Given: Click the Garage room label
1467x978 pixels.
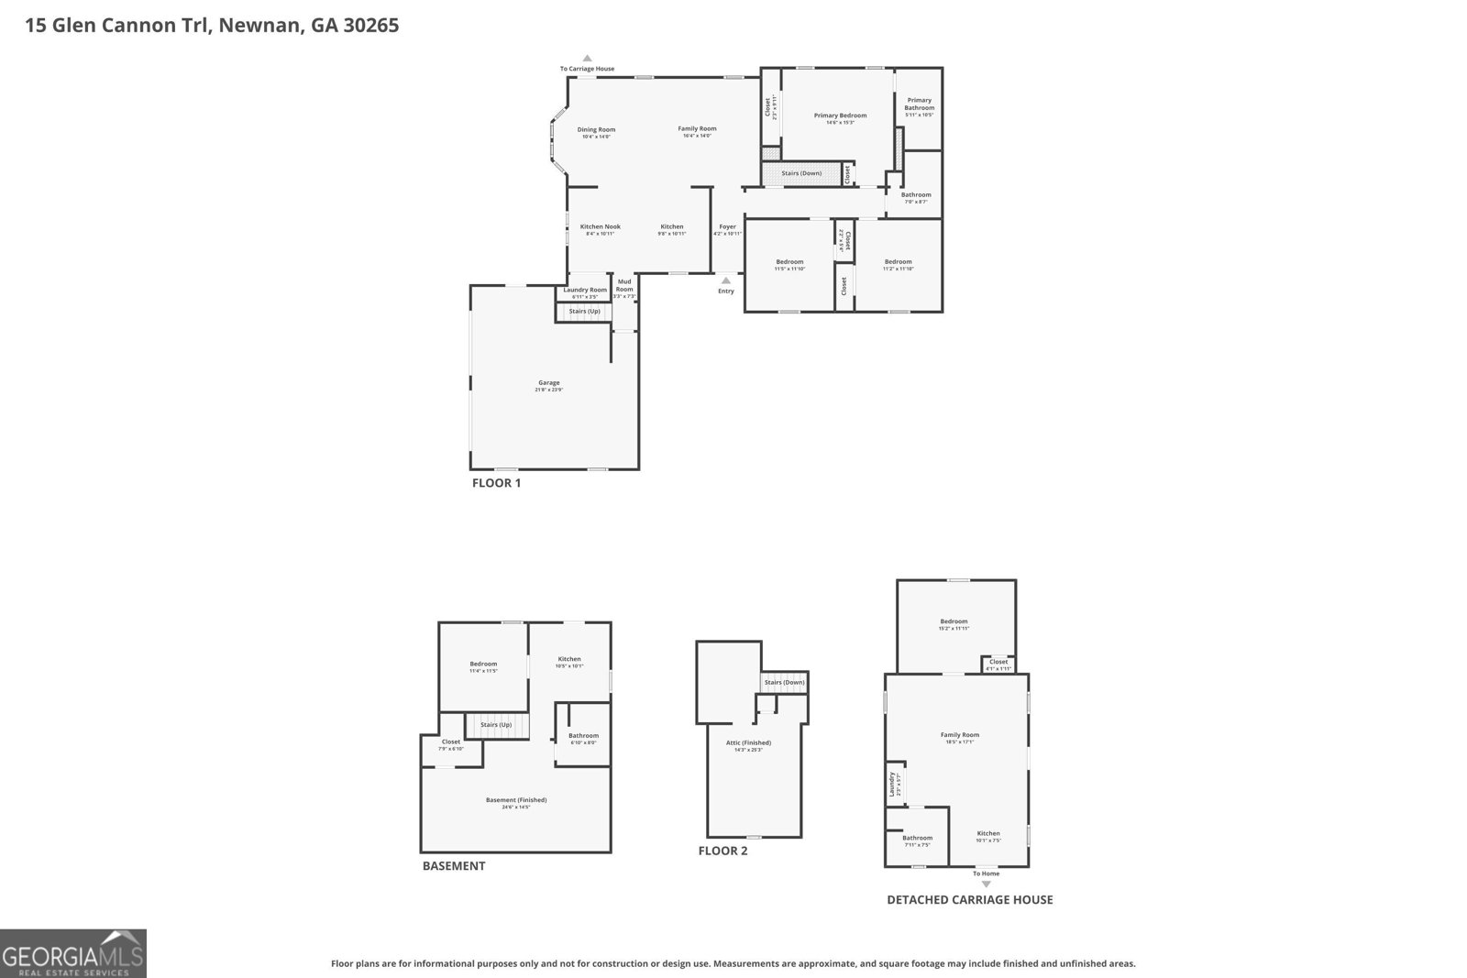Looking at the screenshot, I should pyautogui.click(x=548, y=383).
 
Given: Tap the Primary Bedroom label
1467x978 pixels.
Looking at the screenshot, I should pyautogui.click(x=840, y=115).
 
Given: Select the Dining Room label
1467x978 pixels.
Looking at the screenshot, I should pyautogui.click(x=596, y=130).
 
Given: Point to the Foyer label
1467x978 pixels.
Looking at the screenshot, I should pyautogui.click(x=727, y=227).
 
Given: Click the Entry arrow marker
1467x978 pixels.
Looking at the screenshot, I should pyautogui.click(x=726, y=280).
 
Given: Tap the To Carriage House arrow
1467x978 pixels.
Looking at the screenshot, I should pyautogui.click(x=588, y=58).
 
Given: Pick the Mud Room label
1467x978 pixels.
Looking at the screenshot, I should pyautogui.click(x=624, y=285).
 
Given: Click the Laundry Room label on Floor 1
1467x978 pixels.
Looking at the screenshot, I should pyautogui.click(x=585, y=291).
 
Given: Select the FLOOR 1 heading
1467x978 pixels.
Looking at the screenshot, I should pyautogui.click(x=496, y=483).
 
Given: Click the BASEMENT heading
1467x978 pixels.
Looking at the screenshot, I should pyautogui.click(x=454, y=866).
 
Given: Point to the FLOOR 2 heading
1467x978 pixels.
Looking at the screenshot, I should pyautogui.click(x=722, y=851).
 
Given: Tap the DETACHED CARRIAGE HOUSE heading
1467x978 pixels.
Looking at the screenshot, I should pyautogui.click(x=969, y=900).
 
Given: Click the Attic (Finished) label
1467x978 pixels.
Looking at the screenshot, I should pyautogui.click(x=748, y=743).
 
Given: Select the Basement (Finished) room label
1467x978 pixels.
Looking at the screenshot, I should pyautogui.click(x=516, y=800).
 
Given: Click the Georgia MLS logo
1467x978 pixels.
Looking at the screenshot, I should pyautogui.click(x=73, y=953).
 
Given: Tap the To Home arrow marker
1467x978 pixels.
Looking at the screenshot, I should pyautogui.click(x=987, y=884).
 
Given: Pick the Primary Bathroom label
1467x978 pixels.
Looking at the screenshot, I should pyautogui.click(x=919, y=104).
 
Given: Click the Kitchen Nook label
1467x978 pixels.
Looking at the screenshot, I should pyautogui.click(x=601, y=227).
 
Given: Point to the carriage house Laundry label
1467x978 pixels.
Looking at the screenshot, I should pyautogui.click(x=891, y=784).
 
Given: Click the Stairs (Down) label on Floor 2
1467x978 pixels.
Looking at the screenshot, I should pyautogui.click(x=784, y=683).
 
